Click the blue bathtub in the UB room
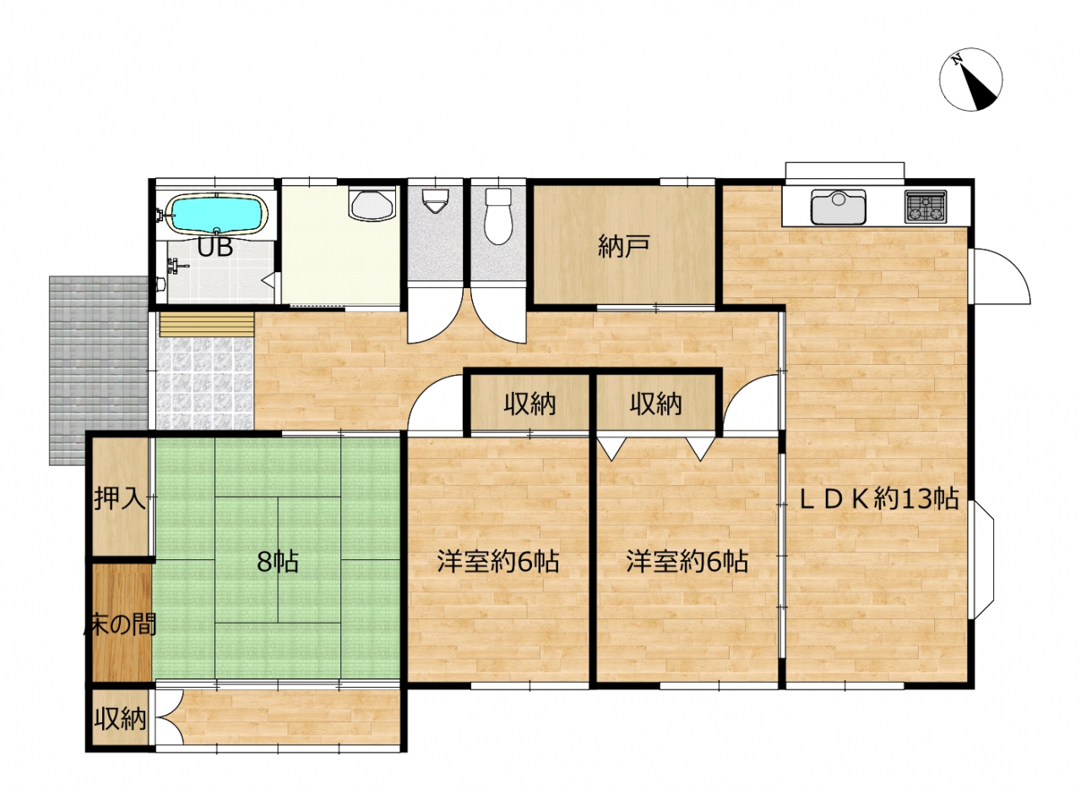(216, 215)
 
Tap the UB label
(215, 248)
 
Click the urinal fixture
(435, 200)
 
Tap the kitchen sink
(839, 207)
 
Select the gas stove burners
(926, 207)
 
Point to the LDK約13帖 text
(879, 499)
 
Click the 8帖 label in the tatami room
(278, 562)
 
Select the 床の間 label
(120, 625)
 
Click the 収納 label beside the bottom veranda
(120, 720)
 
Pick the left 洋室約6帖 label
(498, 561)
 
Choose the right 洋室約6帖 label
(687, 561)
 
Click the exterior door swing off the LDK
(1000, 276)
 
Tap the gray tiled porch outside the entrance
(99, 370)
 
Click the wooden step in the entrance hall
(207, 324)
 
